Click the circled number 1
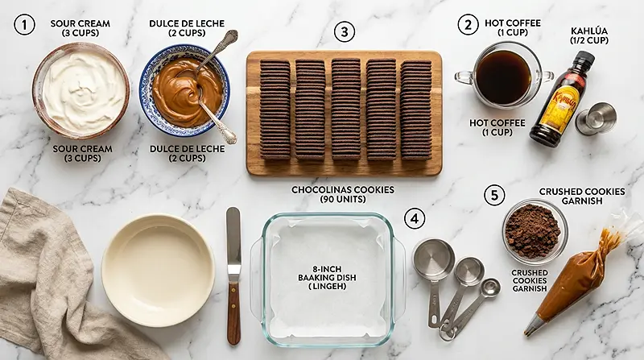(x=24, y=24)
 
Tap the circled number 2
(x=468, y=25)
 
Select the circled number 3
(x=345, y=31)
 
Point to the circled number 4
(x=415, y=218)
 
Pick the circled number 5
(x=494, y=195)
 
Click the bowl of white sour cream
(x=81, y=90)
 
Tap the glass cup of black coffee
(x=503, y=76)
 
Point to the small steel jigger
(x=596, y=118)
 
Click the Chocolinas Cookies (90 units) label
(x=343, y=194)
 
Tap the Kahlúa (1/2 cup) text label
(x=589, y=35)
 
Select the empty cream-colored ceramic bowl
(x=158, y=270)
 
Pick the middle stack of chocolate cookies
(x=345, y=110)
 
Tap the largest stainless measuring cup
(x=433, y=259)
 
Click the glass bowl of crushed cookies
(x=535, y=231)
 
